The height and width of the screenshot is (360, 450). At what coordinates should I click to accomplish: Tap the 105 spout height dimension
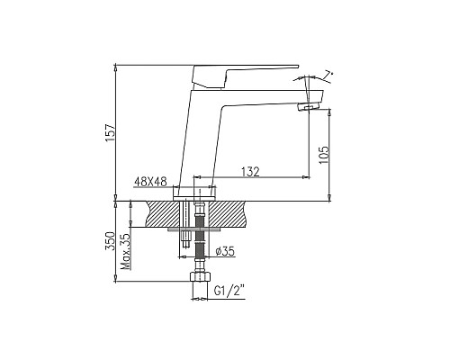323,157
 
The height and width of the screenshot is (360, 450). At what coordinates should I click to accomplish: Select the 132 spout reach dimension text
251,170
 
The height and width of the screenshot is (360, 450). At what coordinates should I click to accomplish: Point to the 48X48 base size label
150,181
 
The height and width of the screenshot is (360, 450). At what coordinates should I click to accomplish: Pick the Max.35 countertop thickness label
125,247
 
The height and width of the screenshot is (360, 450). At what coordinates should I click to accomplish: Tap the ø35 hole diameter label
225,255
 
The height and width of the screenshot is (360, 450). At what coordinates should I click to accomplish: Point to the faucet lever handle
243,70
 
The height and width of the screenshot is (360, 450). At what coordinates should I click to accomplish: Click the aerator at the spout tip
307,109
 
